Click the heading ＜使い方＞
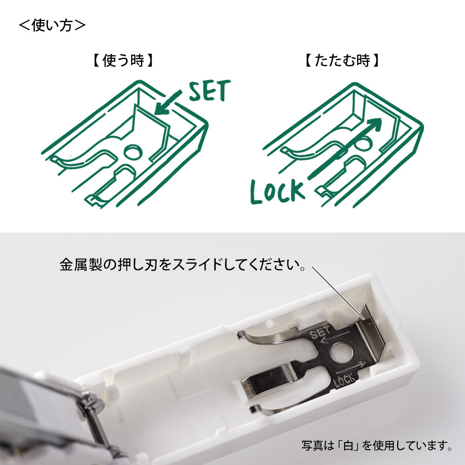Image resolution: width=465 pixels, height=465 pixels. [x=52, y=25]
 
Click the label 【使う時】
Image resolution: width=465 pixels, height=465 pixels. [x=123, y=60]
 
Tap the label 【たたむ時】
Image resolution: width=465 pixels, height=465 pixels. [x=342, y=60]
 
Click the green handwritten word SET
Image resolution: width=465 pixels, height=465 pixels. [x=210, y=90]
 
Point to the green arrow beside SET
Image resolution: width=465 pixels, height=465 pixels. [x=168, y=103]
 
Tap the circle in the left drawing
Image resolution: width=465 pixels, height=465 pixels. [x=133, y=152]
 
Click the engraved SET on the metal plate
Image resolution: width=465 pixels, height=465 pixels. [x=320, y=333]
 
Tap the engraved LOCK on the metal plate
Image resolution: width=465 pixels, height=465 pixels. [x=345, y=380]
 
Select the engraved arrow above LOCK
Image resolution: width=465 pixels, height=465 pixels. [x=352, y=367]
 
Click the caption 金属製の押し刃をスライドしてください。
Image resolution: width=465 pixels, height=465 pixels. [x=183, y=264]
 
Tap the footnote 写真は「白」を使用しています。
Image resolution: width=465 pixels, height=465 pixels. [x=377, y=445]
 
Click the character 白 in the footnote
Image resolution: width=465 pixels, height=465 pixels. [x=349, y=445]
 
